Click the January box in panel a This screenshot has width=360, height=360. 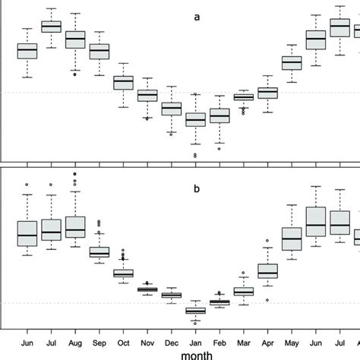[195, 119]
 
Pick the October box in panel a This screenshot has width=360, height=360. [123, 82]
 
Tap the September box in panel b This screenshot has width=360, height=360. [99, 252]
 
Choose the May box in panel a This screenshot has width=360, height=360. [292, 62]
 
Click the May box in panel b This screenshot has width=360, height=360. [292, 238]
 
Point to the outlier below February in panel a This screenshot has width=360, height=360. [219, 149]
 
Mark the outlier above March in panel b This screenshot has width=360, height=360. [243, 272]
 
